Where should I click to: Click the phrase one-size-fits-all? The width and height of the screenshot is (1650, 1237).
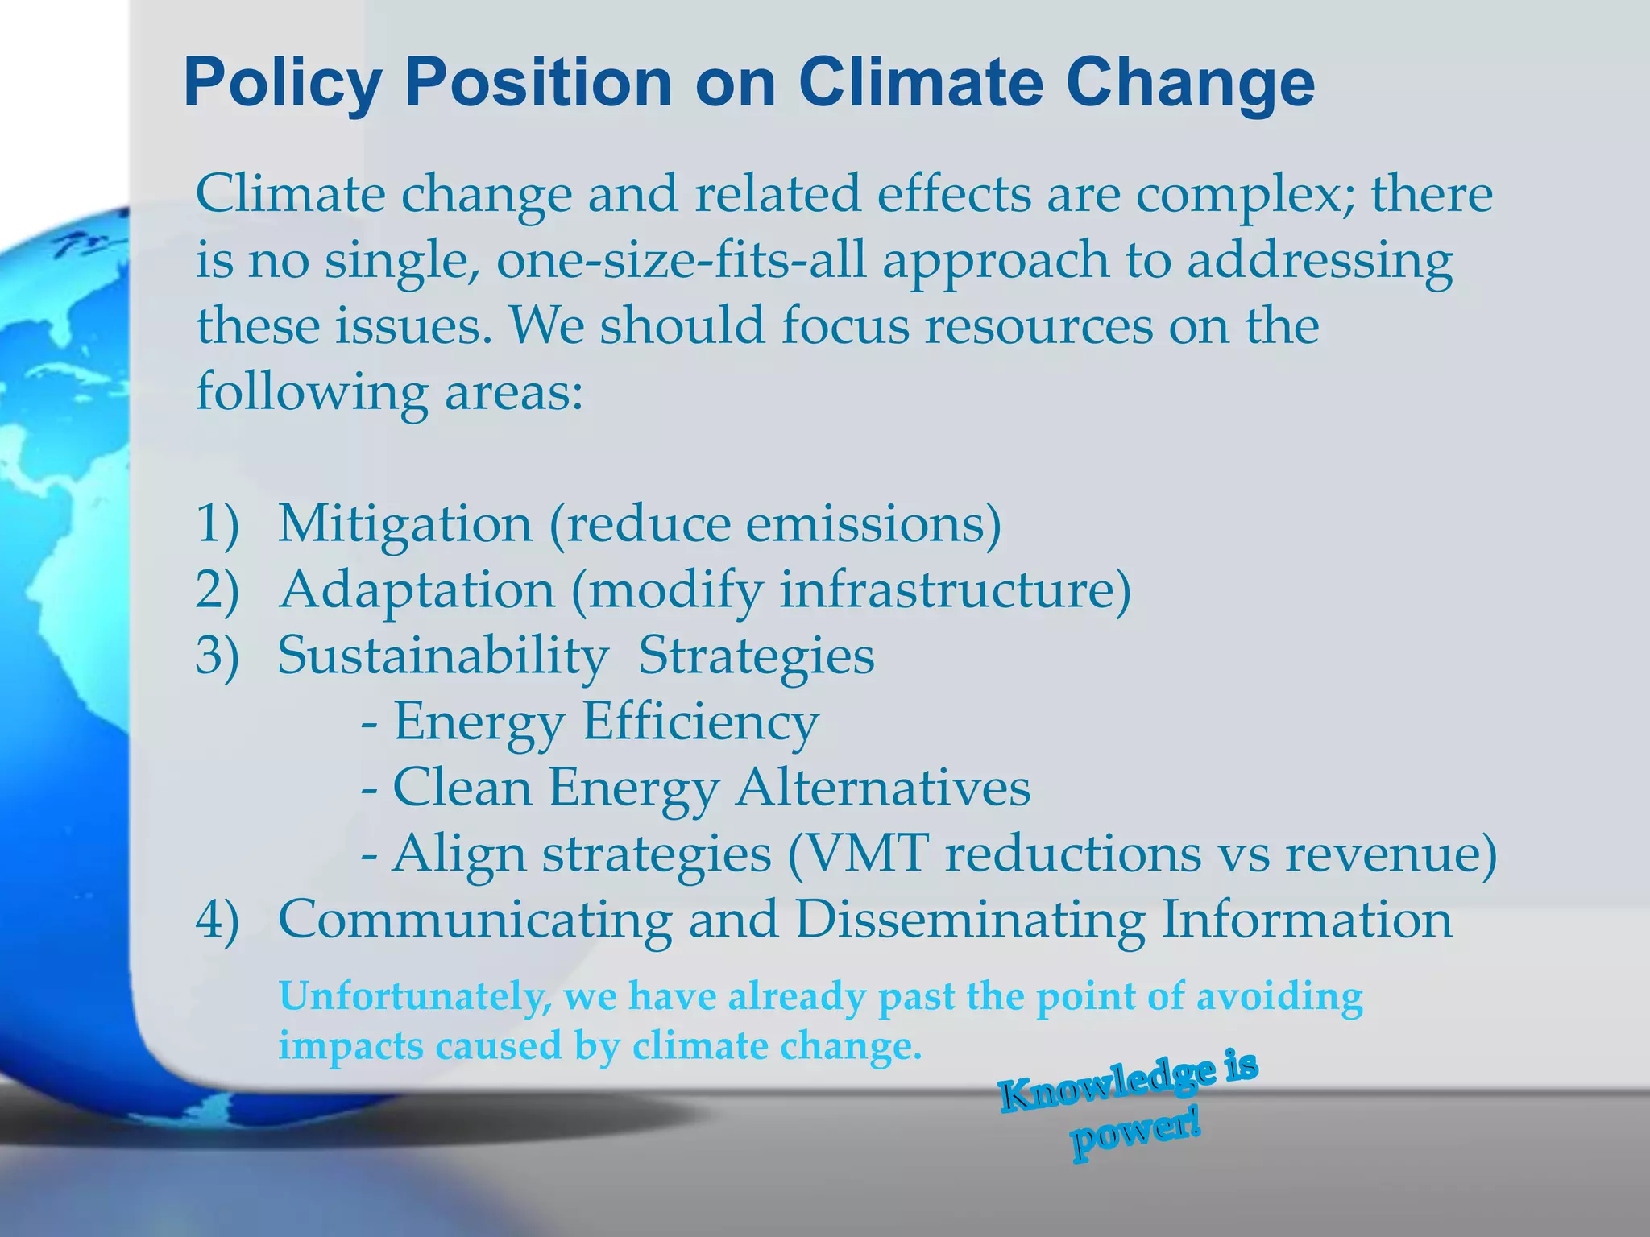pyautogui.click(x=681, y=261)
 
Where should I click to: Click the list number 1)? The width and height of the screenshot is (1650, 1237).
pyautogui.click(x=218, y=524)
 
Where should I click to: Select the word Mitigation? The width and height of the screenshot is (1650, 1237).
pyautogui.click(x=405, y=524)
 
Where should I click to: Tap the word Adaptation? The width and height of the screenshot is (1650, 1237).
pyautogui.click(x=417, y=590)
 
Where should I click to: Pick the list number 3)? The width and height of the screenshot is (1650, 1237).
pyautogui.click(x=218, y=656)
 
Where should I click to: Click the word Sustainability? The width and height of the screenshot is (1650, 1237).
pyautogui.click(x=443, y=656)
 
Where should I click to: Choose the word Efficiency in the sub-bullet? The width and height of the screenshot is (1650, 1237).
pyautogui.click(x=700, y=722)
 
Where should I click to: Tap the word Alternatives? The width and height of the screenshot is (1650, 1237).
pyautogui.click(x=883, y=788)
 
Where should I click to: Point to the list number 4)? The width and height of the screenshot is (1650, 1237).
pyautogui.click(x=218, y=920)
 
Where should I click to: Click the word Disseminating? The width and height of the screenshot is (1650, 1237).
pyautogui.click(x=970, y=920)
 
